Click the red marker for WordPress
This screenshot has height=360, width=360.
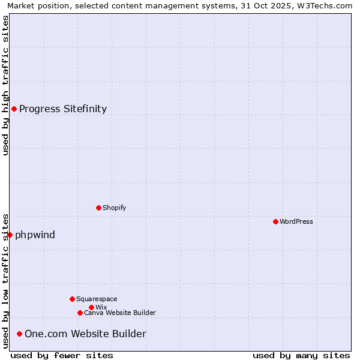click(x=275, y=221)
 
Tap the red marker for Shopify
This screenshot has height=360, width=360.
click(x=98, y=208)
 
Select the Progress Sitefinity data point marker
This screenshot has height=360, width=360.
click(x=14, y=109)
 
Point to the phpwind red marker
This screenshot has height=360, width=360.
click(x=10, y=235)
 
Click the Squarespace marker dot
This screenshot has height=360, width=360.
click(x=72, y=299)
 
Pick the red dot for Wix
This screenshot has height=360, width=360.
click(x=91, y=307)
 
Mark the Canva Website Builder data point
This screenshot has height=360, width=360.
click(x=80, y=313)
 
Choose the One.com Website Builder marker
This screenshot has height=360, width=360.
click(x=19, y=334)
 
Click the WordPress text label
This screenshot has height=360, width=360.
click(x=296, y=221)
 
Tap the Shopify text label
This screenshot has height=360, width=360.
click(x=115, y=208)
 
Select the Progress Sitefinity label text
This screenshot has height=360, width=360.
click(x=63, y=109)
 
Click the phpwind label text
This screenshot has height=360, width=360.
click(x=35, y=235)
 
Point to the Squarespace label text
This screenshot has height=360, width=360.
click(x=97, y=299)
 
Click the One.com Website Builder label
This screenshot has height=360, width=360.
click(x=85, y=334)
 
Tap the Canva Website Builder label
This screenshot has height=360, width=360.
click(x=120, y=313)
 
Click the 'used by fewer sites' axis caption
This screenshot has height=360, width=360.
click(x=62, y=355)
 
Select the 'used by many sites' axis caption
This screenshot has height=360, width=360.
click(x=301, y=355)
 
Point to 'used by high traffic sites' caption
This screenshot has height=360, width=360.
click(x=5, y=85)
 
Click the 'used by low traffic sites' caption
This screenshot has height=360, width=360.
click(x=5, y=280)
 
